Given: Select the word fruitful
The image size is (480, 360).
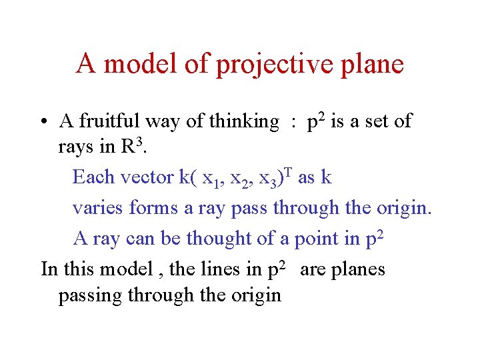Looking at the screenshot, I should coord(107,121).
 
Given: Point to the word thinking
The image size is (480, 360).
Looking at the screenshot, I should coord(243,121).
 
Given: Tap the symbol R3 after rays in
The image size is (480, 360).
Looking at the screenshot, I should coord(130,147).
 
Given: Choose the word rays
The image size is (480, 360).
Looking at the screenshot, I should coord(76,148).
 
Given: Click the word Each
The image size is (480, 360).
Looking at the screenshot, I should coord(93,177).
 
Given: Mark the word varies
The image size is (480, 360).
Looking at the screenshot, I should coord(98,208).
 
